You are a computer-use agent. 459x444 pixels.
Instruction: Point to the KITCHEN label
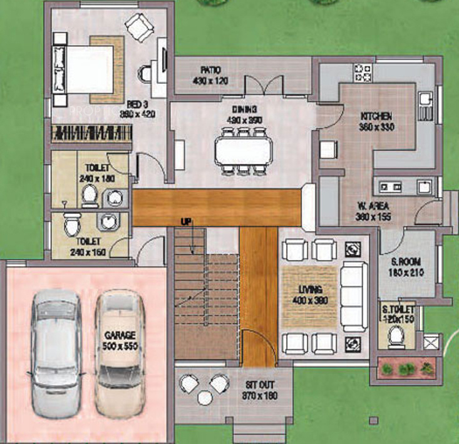click(x=376, y=116)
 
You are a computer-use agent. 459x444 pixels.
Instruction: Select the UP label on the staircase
click(x=185, y=222)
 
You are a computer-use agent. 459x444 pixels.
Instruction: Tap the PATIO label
click(x=210, y=69)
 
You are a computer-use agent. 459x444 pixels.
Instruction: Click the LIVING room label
click(x=311, y=290)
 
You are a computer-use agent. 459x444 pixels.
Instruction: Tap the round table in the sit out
click(x=204, y=396)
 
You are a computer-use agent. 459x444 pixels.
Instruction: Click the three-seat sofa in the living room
click(x=354, y=296)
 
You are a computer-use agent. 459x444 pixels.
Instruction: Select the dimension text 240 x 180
click(x=94, y=178)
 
